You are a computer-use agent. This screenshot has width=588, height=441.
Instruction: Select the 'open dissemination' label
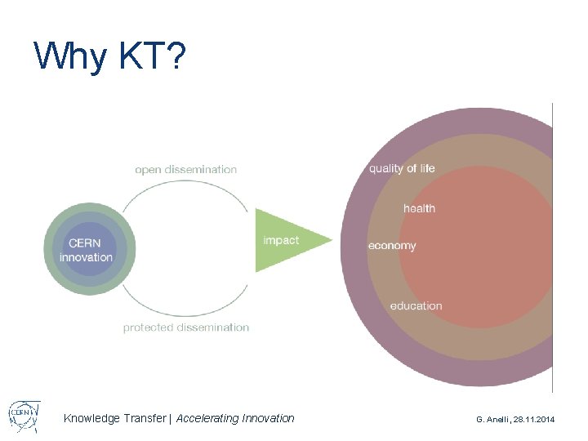(185, 170)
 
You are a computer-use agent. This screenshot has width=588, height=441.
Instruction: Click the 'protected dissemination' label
(185, 327)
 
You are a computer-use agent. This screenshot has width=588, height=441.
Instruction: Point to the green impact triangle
(286, 241)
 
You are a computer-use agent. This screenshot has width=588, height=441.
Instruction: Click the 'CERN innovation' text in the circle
(86, 250)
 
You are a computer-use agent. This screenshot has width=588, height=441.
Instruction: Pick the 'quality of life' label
(402, 169)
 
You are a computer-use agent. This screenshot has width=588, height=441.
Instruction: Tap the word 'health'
(419, 208)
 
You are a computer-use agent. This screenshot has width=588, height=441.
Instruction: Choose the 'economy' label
(392, 246)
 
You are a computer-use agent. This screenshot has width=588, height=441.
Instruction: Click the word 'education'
(416, 306)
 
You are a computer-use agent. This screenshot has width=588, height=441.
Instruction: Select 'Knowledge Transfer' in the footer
(114, 418)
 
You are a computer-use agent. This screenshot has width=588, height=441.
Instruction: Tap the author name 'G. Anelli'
(494, 419)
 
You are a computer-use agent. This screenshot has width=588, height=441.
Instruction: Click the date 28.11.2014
(534, 419)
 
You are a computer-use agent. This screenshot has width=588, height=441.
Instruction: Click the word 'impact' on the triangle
(280, 240)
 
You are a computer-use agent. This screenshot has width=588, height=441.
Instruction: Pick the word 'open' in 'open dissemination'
(148, 170)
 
